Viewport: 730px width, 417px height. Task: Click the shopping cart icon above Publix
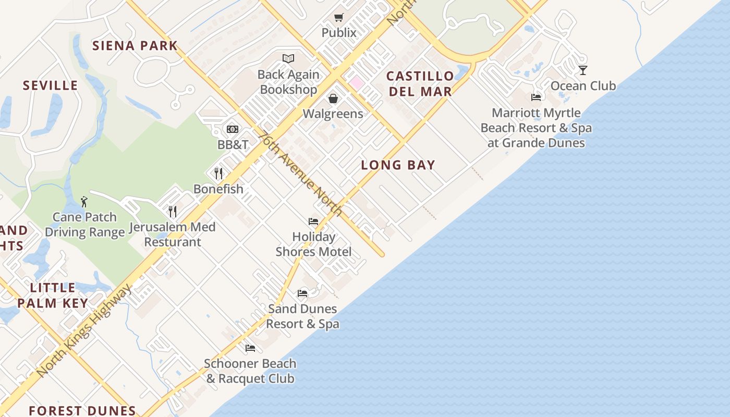point(339,17)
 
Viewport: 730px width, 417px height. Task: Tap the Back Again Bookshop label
point(288,82)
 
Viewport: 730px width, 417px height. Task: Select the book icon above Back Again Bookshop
point(288,58)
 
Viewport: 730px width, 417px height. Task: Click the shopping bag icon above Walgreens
point(333,99)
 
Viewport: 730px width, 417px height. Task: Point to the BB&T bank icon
point(233,129)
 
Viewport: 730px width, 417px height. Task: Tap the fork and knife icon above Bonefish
point(218,173)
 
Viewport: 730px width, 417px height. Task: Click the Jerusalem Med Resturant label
point(172,235)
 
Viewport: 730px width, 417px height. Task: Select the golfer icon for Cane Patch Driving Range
point(84,202)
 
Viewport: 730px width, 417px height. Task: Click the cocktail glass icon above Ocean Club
point(582,70)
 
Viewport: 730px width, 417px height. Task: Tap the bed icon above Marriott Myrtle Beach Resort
point(536,97)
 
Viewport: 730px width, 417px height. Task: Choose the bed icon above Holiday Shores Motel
point(313,222)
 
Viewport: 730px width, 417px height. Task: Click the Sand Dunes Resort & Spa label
point(302,316)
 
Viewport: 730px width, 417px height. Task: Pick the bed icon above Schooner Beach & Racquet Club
point(250,348)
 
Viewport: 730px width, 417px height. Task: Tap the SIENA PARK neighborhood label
point(135,45)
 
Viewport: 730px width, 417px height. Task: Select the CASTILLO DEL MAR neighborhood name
point(419,84)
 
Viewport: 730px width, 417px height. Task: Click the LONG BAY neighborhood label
point(398,165)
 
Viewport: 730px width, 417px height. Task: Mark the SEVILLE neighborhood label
point(50,85)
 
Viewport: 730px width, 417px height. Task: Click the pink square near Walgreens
point(356,82)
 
